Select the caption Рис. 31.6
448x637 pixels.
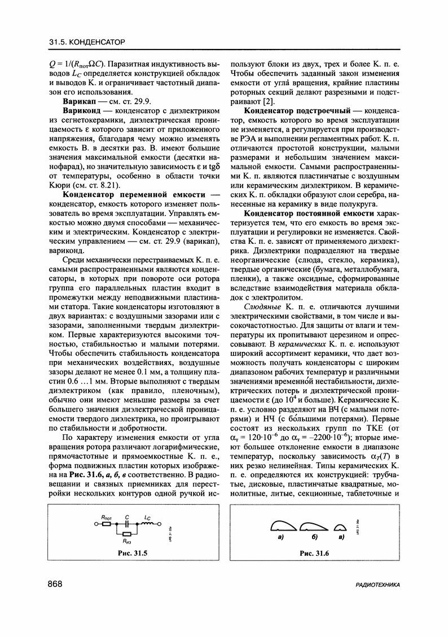[x=314, y=554]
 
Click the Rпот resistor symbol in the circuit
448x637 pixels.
[x=106, y=523]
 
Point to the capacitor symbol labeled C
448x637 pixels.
[x=128, y=523]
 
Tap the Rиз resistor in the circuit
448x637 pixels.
[x=128, y=533]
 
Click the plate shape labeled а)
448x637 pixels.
[x=283, y=526]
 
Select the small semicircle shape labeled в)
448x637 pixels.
[x=340, y=527]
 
